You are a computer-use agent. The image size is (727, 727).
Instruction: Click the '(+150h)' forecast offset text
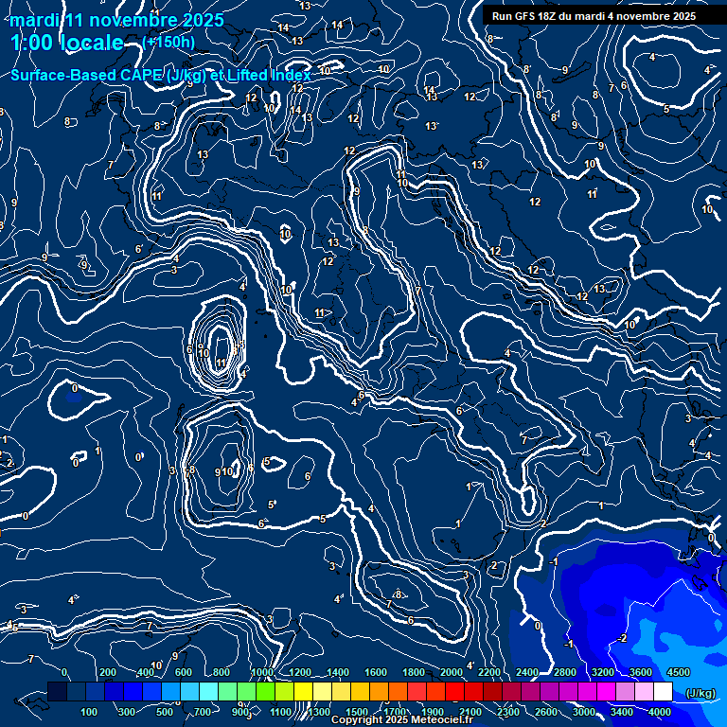pyautogui.click(x=169, y=42)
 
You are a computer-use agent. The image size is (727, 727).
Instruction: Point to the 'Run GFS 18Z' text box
pyautogui.click(x=594, y=16)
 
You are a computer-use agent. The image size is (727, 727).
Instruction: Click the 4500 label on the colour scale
pyautogui.click(x=678, y=671)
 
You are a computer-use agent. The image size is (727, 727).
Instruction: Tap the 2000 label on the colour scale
pyautogui.click(x=451, y=671)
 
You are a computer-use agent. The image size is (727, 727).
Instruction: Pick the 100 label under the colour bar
pyautogui.click(x=90, y=712)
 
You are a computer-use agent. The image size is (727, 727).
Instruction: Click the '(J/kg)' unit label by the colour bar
pyautogui.click(x=700, y=693)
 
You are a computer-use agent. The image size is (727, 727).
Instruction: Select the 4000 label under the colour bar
pyautogui.click(x=660, y=712)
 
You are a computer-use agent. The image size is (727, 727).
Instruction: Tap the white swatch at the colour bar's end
pyautogui.click(x=663, y=693)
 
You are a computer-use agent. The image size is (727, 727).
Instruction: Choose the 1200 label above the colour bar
pyautogui.click(x=299, y=671)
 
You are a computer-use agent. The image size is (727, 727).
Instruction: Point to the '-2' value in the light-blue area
pyautogui.click(x=621, y=638)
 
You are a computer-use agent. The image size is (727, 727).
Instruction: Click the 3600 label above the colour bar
pyautogui.click(x=640, y=671)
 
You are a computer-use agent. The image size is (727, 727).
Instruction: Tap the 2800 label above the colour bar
pyautogui.click(x=564, y=671)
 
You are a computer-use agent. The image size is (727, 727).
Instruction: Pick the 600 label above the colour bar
pyautogui.click(x=184, y=671)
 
